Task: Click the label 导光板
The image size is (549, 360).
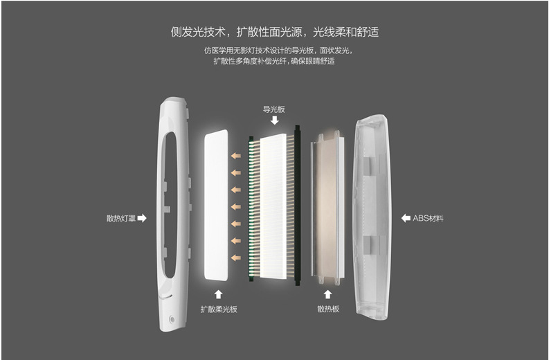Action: [x=274, y=109]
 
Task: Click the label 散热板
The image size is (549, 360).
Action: [x=328, y=309]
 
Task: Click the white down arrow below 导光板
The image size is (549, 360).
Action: [x=274, y=120]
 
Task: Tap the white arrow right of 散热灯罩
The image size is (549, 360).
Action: [x=142, y=218]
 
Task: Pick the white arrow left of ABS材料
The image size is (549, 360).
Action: [x=406, y=218]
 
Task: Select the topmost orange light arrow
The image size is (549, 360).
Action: [x=236, y=156]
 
